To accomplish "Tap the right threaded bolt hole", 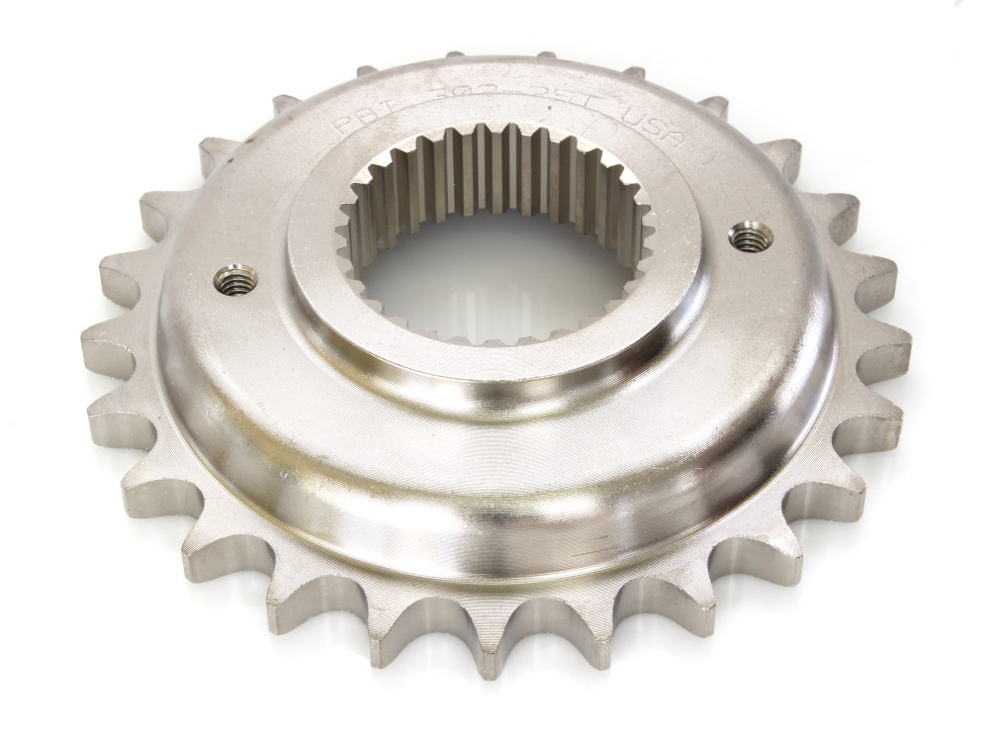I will (x=749, y=235).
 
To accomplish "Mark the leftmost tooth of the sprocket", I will (x=99, y=341).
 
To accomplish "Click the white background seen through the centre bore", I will (x=494, y=277).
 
